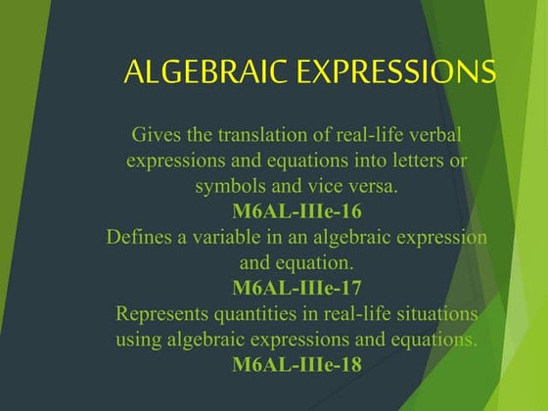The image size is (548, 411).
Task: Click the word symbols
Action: pyautogui.click(x=229, y=185)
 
